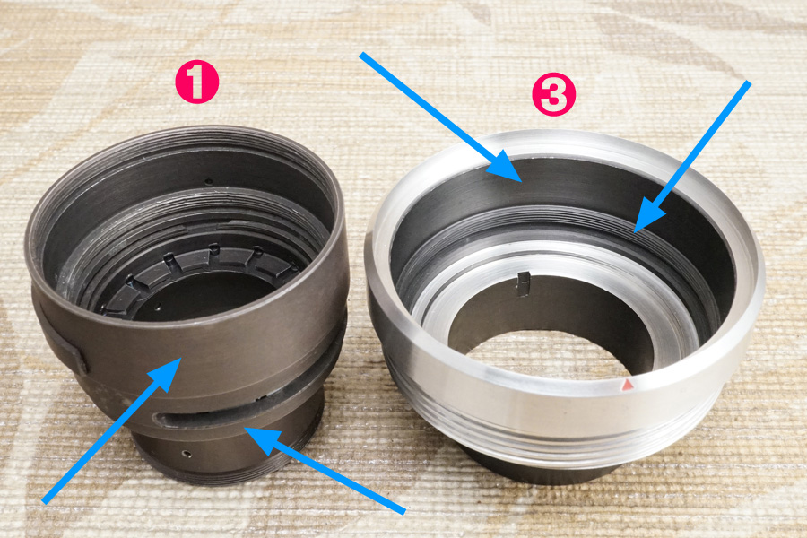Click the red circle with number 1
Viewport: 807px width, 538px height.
197,82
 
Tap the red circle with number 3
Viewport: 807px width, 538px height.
554,93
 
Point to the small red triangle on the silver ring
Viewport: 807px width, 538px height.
628,385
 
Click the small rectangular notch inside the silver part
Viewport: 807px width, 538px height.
523,284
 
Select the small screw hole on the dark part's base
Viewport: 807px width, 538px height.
187,454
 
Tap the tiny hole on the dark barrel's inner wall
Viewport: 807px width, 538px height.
208,181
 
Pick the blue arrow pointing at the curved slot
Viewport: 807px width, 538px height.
325,469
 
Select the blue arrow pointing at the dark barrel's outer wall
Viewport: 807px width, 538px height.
111,430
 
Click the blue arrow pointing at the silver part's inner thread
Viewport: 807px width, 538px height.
692,157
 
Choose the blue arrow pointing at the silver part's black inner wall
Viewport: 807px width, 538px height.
441,117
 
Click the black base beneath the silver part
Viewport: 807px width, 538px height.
541,472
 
